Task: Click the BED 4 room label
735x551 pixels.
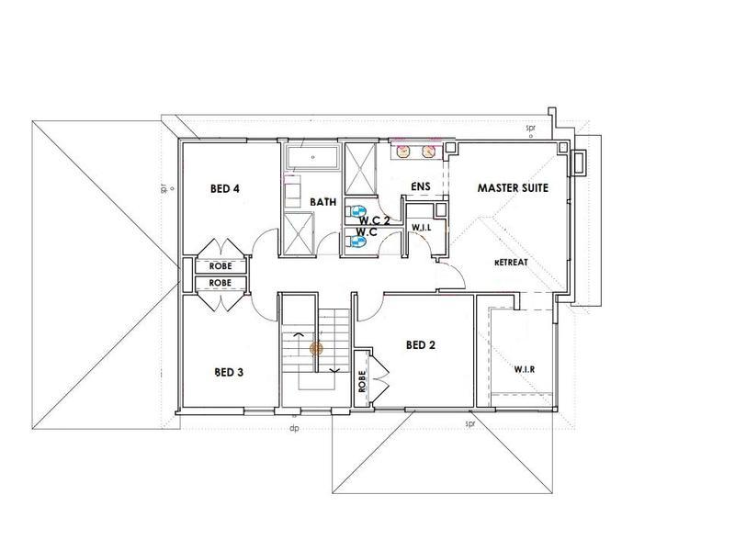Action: [x=225, y=189]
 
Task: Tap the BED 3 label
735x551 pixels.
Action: [x=229, y=373]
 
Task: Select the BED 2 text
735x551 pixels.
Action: [x=421, y=345]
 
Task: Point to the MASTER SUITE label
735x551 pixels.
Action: [x=513, y=188]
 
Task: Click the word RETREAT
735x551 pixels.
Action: [x=511, y=263]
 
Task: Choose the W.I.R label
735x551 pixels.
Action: [x=525, y=369]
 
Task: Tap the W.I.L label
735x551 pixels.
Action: [x=422, y=227]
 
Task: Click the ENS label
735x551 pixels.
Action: [x=421, y=186]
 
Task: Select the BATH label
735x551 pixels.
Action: [x=323, y=202]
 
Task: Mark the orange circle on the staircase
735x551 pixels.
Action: [x=316, y=348]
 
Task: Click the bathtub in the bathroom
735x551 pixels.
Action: [x=312, y=158]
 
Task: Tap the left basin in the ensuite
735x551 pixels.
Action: [x=402, y=152]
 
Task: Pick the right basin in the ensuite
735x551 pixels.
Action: [x=428, y=152]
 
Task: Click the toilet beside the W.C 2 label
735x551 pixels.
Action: [x=356, y=210]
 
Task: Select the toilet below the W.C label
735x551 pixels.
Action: [x=356, y=242]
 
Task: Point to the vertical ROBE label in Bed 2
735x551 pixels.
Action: [x=362, y=381]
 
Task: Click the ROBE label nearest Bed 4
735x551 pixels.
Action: [x=220, y=266]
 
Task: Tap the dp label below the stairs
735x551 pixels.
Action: [x=294, y=428]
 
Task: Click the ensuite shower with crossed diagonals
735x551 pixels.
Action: [x=360, y=169]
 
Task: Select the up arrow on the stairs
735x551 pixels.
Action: [x=298, y=334]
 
